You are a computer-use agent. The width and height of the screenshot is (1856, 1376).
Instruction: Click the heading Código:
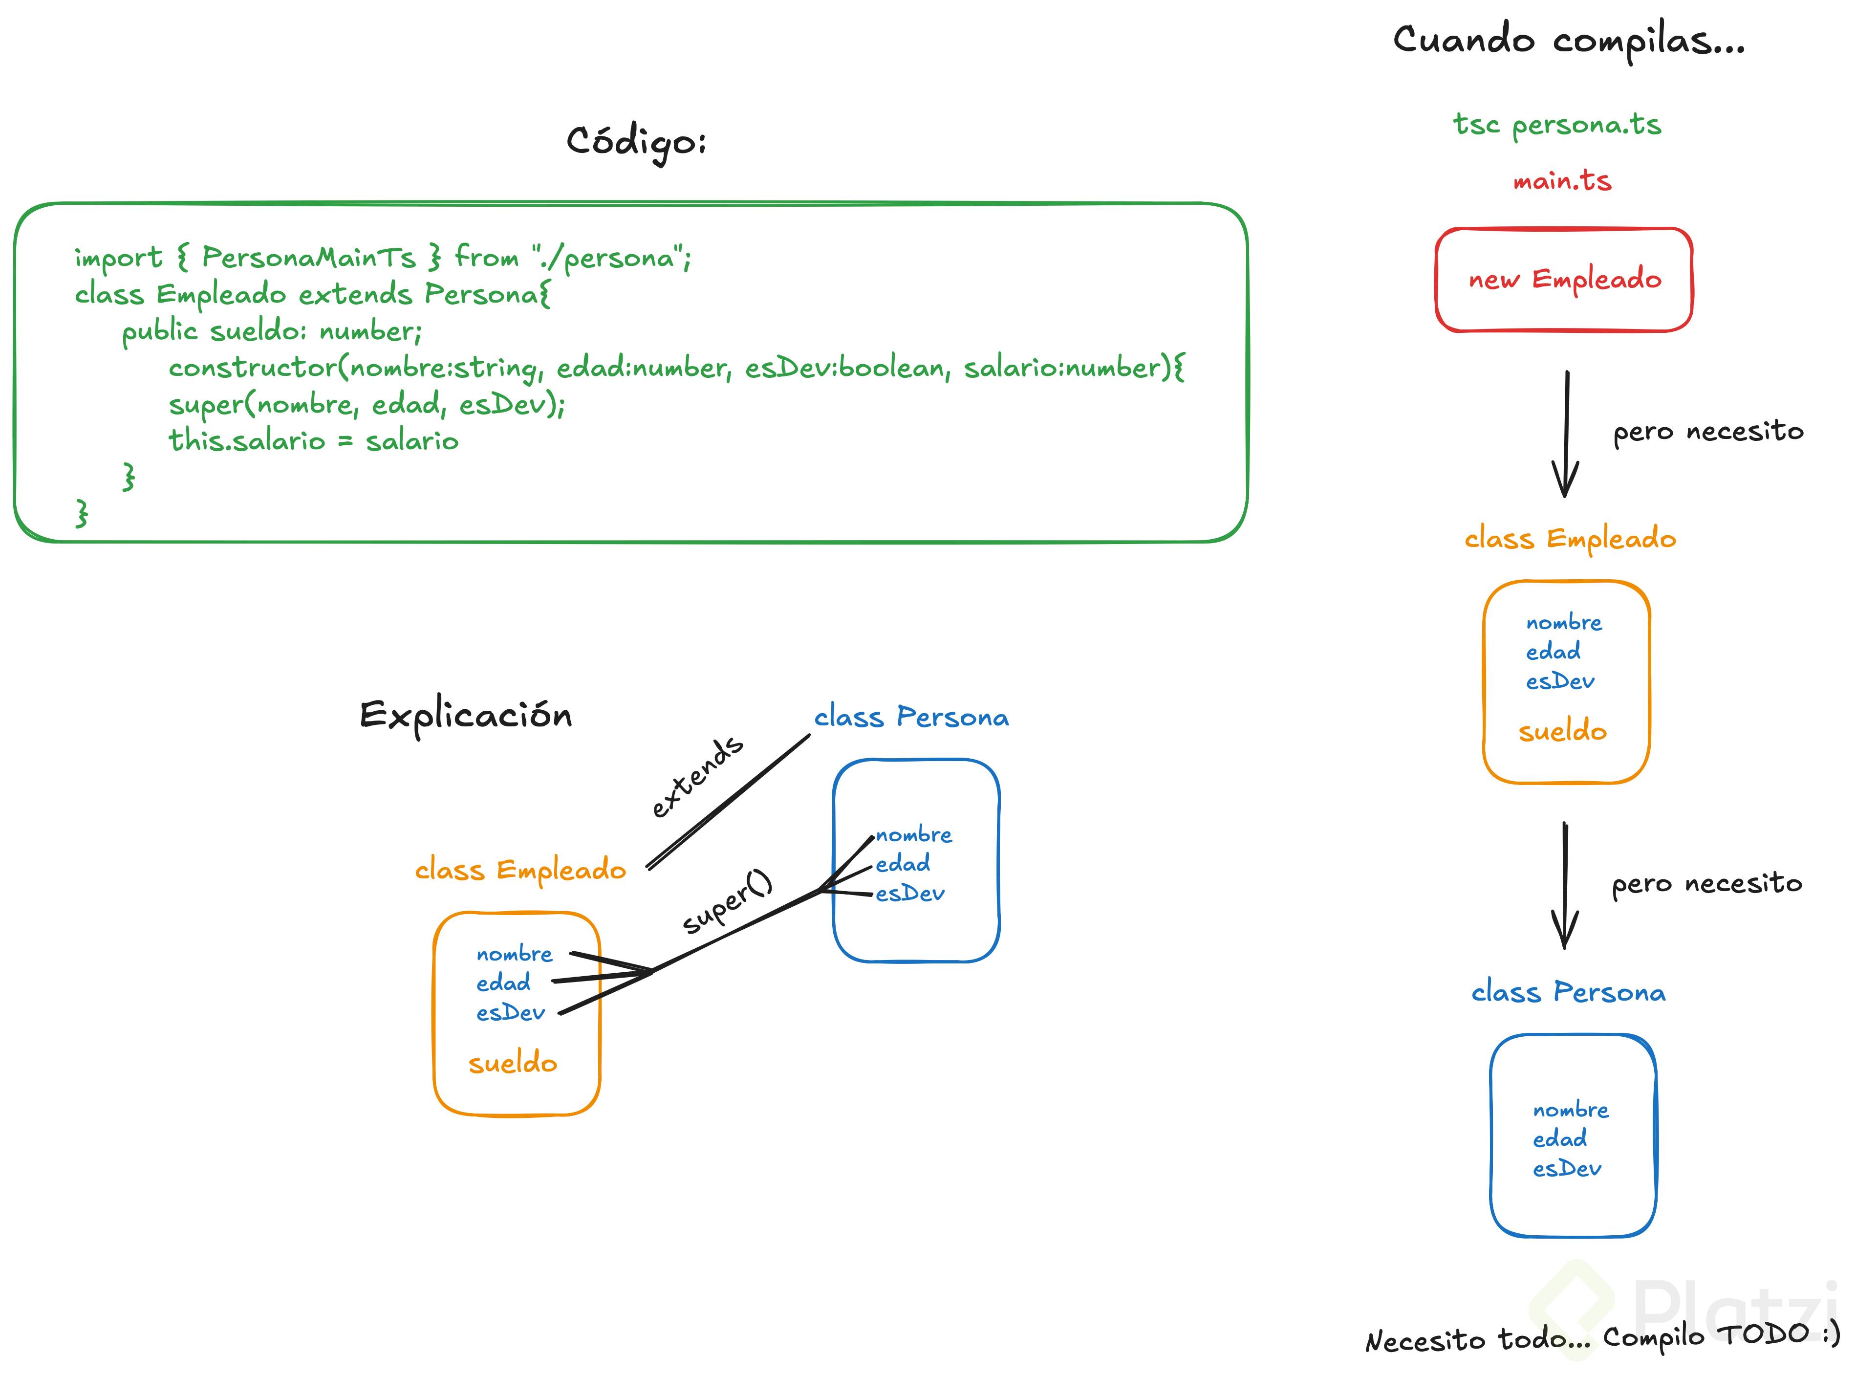[636, 142]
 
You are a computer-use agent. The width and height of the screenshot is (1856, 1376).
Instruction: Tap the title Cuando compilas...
[1569, 41]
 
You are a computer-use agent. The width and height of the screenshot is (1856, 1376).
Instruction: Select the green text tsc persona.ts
[1556, 125]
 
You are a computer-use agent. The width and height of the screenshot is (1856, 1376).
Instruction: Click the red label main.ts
[1562, 181]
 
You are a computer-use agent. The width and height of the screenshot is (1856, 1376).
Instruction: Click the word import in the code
[118, 258]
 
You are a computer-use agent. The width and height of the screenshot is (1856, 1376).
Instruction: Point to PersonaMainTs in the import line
[308, 258]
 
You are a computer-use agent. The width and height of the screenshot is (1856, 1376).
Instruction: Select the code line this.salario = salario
[313, 440]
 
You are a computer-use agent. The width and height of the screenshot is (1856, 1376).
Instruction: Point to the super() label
[728, 901]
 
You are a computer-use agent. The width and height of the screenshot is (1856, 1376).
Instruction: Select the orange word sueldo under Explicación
[512, 1064]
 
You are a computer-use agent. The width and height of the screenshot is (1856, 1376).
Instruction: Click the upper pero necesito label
[1708, 432]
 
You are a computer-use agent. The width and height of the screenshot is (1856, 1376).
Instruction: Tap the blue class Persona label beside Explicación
[911, 717]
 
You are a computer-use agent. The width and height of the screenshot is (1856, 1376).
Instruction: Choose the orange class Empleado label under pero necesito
[1570, 539]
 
